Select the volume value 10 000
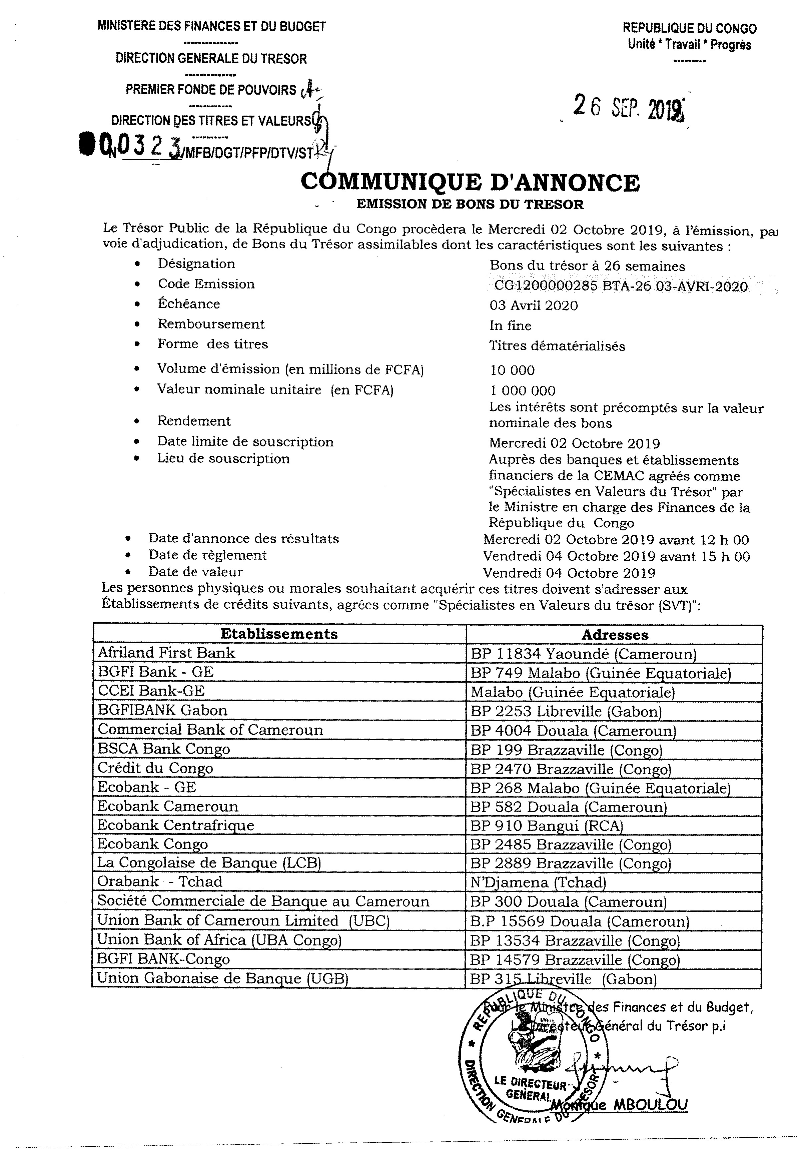click(x=512, y=370)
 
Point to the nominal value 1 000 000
click(x=522, y=391)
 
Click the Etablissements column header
click(x=279, y=634)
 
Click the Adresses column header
click(x=615, y=635)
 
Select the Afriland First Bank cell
click(x=166, y=653)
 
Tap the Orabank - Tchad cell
click(x=159, y=881)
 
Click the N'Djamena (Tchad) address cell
click(x=538, y=882)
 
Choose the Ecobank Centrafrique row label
click(x=175, y=825)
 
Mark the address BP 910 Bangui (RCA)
click(x=546, y=826)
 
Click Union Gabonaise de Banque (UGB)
click(x=222, y=978)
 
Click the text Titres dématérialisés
click(x=557, y=346)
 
